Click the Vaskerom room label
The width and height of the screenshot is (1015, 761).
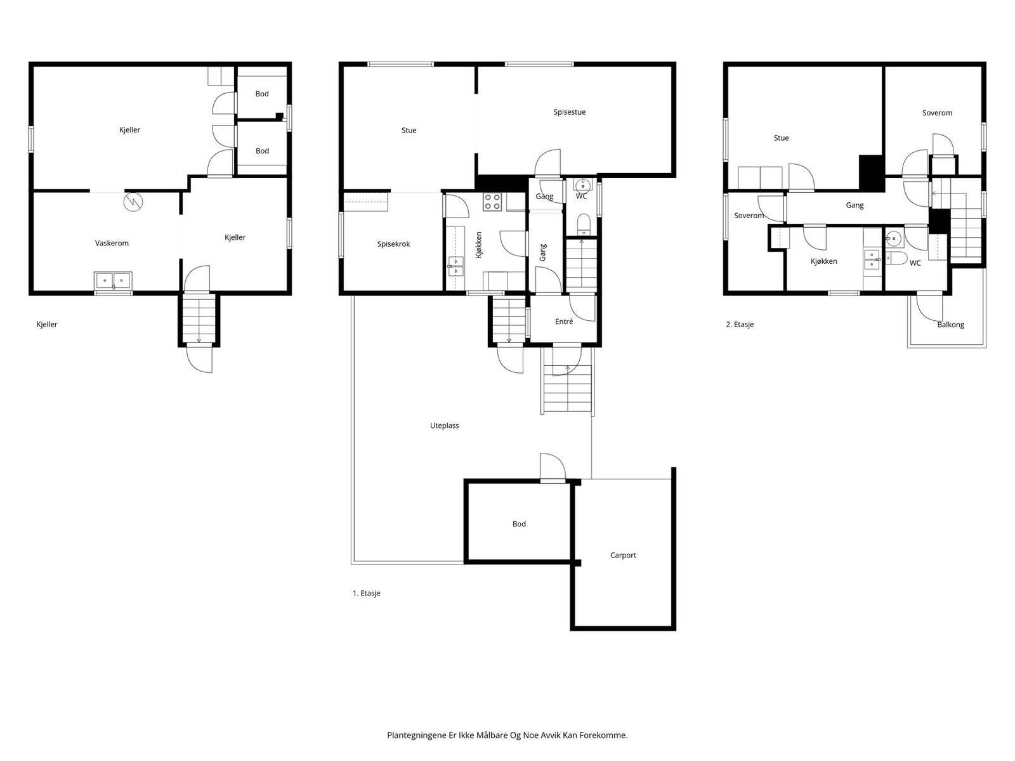(x=112, y=243)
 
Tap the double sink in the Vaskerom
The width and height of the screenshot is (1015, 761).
(x=114, y=280)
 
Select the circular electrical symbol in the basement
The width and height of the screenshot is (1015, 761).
(x=133, y=202)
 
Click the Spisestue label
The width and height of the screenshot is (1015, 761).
(x=569, y=112)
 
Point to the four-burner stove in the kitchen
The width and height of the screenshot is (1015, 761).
(x=492, y=202)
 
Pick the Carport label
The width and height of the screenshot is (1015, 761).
(x=623, y=556)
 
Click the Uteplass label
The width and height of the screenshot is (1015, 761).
(x=445, y=426)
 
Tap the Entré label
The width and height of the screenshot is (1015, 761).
(x=564, y=322)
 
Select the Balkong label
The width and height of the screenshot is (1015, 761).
(x=950, y=325)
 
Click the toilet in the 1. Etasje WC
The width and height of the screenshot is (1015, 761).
(x=584, y=224)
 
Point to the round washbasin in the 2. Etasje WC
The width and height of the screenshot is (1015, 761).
(x=894, y=239)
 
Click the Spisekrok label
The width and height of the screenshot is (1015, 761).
(x=393, y=244)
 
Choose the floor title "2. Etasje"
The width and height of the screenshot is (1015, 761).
(x=740, y=324)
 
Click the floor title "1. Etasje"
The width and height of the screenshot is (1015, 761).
(x=366, y=594)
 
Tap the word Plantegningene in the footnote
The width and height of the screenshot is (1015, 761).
(x=417, y=735)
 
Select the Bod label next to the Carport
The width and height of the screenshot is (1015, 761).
(x=519, y=524)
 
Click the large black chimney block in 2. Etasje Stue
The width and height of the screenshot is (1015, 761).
(x=872, y=172)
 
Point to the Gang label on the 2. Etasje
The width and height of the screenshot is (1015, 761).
(x=855, y=205)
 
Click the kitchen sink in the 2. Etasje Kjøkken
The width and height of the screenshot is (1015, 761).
(x=872, y=259)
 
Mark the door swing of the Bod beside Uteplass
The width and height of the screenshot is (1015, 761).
(x=553, y=467)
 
